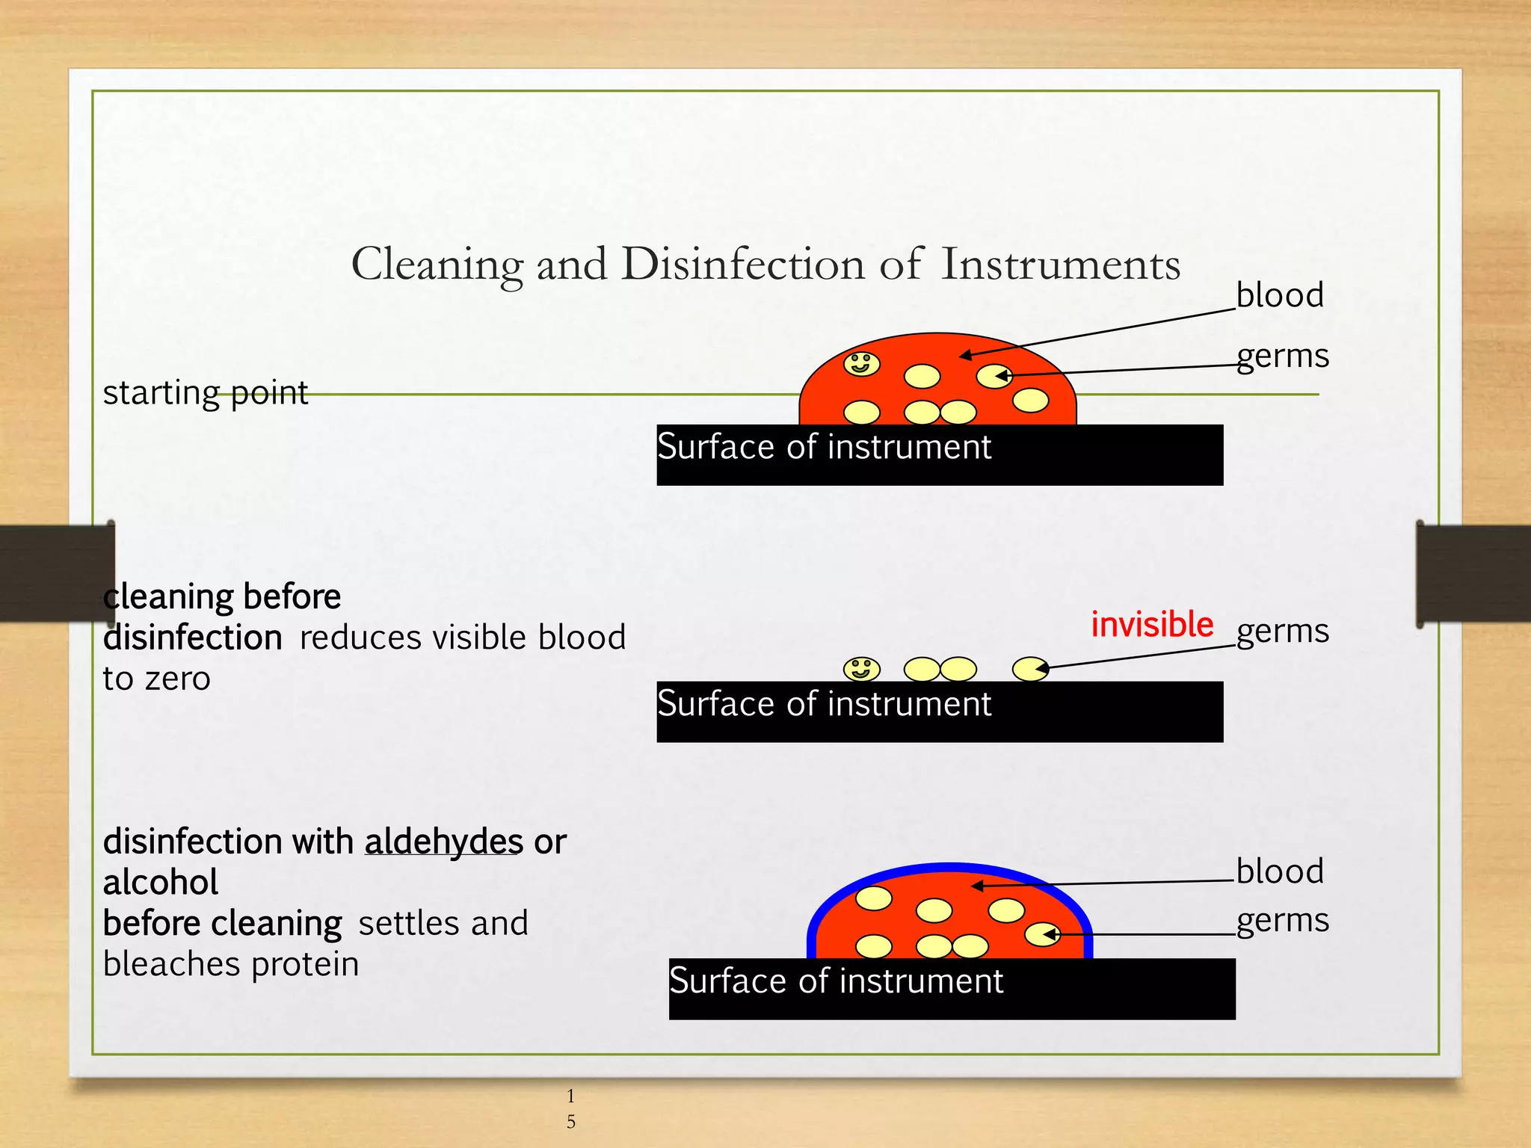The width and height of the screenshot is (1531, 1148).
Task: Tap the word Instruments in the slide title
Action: click(x=1060, y=264)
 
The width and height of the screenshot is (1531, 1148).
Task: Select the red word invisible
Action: click(x=1151, y=624)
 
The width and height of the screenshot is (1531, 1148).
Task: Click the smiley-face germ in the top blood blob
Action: click(x=861, y=364)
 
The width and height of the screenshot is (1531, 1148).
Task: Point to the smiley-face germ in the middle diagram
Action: click(x=861, y=668)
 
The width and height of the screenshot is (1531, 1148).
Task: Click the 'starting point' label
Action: click(x=205, y=392)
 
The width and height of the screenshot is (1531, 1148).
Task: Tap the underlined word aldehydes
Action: click(x=443, y=842)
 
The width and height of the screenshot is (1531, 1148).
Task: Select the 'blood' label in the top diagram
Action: click(x=1279, y=294)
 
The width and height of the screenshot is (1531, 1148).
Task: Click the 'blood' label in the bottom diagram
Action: click(x=1279, y=871)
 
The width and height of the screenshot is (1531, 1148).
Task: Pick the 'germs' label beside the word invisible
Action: click(x=1282, y=631)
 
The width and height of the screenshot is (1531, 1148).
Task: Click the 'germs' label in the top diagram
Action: click(x=1282, y=356)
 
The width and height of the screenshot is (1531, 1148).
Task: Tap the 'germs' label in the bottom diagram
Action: click(x=1282, y=921)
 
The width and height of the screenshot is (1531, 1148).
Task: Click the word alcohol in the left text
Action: click(x=161, y=883)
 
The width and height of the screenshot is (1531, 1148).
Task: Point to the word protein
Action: click(x=305, y=964)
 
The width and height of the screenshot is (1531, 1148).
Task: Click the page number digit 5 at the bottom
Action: click(x=571, y=1121)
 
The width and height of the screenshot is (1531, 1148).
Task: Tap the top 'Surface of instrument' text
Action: click(x=824, y=447)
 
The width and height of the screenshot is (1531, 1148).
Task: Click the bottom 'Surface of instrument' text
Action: click(x=836, y=981)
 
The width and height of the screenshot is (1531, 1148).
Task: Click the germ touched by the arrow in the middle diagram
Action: click(x=1030, y=668)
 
